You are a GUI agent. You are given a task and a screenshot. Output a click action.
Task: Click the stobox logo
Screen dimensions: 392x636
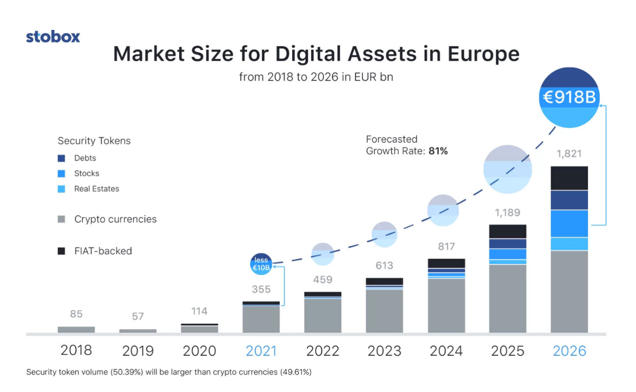click(x=53, y=37)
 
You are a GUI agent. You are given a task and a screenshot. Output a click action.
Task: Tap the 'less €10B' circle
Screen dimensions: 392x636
click(x=261, y=264)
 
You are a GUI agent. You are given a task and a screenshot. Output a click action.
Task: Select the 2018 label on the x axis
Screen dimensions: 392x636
click(x=76, y=350)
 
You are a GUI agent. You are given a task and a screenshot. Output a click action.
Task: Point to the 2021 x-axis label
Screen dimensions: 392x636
click(x=261, y=351)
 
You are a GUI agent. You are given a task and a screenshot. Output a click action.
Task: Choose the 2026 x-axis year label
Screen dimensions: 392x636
click(x=569, y=351)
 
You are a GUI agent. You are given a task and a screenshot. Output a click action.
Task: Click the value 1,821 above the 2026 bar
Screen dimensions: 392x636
click(x=569, y=154)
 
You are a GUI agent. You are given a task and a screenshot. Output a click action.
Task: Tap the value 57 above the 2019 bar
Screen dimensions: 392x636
click(x=138, y=316)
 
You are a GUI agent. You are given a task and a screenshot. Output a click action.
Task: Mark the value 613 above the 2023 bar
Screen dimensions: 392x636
click(x=384, y=265)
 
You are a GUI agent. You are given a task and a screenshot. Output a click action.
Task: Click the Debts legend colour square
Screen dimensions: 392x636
click(x=61, y=158)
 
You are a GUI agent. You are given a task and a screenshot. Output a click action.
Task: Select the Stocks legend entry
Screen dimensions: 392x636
click(x=86, y=174)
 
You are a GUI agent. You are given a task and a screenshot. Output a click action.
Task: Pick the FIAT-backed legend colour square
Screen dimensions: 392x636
click(x=61, y=251)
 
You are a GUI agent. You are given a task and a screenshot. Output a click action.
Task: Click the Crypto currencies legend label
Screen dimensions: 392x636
click(x=115, y=219)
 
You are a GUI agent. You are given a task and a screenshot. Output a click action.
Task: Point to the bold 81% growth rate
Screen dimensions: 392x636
click(x=438, y=151)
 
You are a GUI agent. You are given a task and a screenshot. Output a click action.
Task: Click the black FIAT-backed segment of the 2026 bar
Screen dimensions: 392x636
click(x=569, y=178)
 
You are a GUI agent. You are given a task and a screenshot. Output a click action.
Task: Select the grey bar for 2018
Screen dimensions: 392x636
click(x=76, y=330)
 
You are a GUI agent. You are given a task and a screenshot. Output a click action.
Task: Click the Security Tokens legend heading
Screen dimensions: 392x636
click(x=94, y=141)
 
